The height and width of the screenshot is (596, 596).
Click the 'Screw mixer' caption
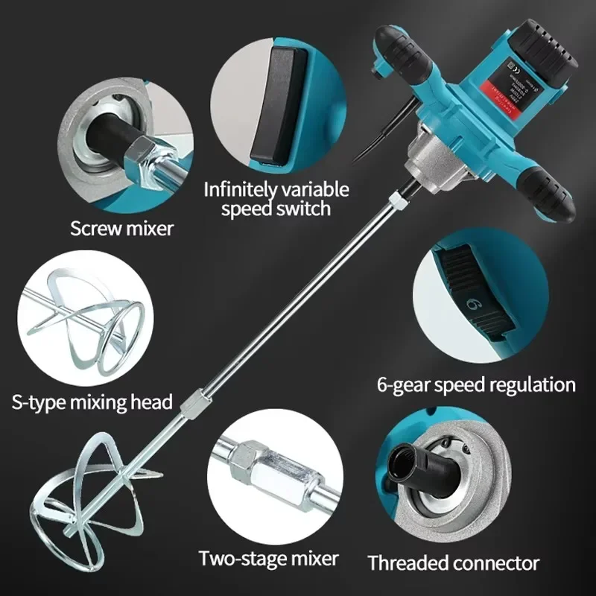[x=121, y=227]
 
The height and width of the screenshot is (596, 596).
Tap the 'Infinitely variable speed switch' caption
[x=276, y=198]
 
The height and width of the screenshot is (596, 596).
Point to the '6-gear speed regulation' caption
[x=476, y=384]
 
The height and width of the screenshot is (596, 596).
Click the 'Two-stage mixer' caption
[x=268, y=557]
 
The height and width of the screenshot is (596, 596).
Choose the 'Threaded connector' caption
[x=453, y=562]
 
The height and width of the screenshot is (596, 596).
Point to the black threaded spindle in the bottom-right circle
[x=413, y=465]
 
